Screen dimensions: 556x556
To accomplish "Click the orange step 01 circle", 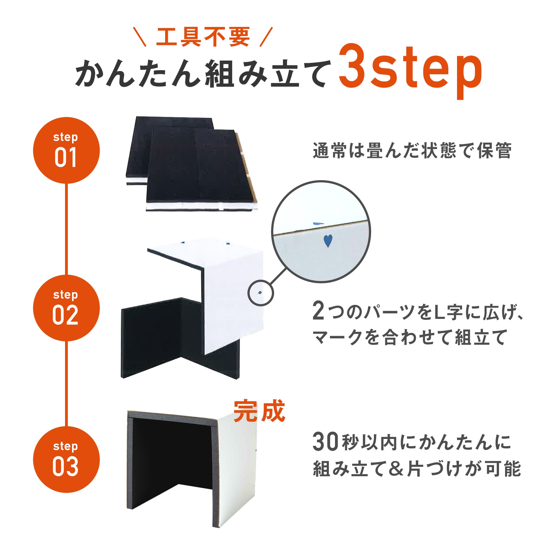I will pyautogui.click(x=66, y=150).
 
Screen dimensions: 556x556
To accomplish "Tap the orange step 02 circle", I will pyautogui.click(x=66, y=308).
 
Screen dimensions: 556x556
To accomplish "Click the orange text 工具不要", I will pyautogui.click(x=203, y=37).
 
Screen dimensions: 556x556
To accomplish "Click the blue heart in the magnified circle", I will pyautogui.click(x=327, y=240).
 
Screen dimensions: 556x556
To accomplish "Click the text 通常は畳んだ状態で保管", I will pyautogui.click(x=412, y=150).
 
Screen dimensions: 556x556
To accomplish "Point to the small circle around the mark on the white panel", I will pyautogui.click(x=260, y=293).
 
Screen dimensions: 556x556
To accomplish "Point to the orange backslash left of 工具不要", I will pyautogui.click(x=140, y=37).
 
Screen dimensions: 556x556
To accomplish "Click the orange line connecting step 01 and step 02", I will pyautogui.click(x=66, y=229).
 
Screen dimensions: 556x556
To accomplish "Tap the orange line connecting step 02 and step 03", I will pyautogui.click(x=66, y=383).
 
